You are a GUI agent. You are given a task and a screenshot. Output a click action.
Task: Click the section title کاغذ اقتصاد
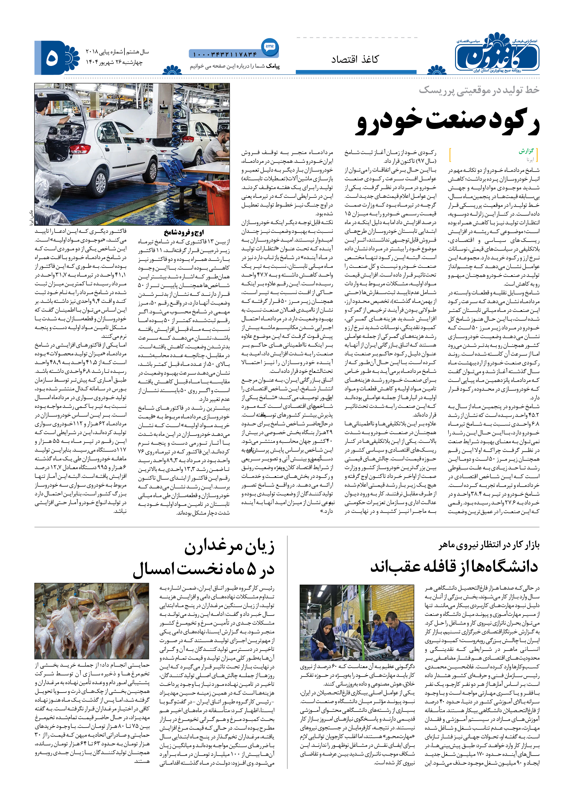tap(354, 60)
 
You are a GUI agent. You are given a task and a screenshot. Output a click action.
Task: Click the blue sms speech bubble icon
tap(270, 47)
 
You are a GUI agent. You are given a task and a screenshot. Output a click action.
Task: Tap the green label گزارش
tap(526, 151)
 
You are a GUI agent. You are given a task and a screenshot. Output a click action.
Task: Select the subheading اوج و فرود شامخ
tap(184, 233)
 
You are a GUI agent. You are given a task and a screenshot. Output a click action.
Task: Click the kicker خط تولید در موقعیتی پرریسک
tap(479, 90)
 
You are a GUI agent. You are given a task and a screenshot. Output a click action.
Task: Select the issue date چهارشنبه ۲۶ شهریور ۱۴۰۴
tap(114, 62)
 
